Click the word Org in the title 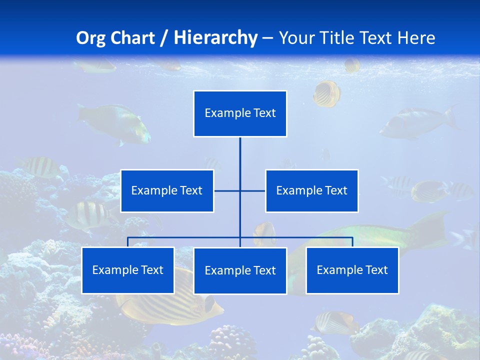(x=90, y=38)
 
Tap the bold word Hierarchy (x=215, y=38)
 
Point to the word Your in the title (x=296, y=38)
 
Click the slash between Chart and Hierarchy (x=164, y=38)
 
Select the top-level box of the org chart (x=240, y=113)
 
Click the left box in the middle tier (x=167, y=191)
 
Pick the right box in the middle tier (x=311, y=191)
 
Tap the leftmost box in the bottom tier (x=127, y=270)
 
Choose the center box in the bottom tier (x=240, y=271)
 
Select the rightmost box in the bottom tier (x=352, y=270)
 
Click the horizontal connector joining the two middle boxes (x=252, y=191)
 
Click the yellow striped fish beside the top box (x=327, y=93)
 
